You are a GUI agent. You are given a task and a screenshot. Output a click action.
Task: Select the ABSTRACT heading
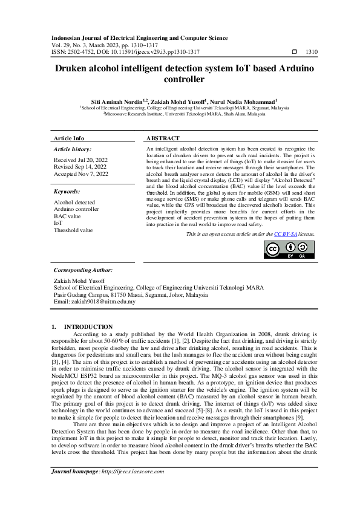point(163,138)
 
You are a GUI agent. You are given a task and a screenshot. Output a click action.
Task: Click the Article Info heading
point(69,138)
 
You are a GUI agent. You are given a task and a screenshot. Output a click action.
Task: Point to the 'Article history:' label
point(73,149)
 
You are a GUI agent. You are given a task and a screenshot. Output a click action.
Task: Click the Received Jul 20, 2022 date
point(80,160)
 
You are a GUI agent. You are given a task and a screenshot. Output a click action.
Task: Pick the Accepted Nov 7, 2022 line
point(81,173)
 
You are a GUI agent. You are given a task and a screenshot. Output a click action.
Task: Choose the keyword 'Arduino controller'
point(76,209)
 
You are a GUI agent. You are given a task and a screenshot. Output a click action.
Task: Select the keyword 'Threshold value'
point(73,230)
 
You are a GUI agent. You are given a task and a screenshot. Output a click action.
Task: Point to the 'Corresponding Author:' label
point(83,270)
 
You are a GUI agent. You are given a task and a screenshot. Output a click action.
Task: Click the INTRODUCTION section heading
point(88,326)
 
